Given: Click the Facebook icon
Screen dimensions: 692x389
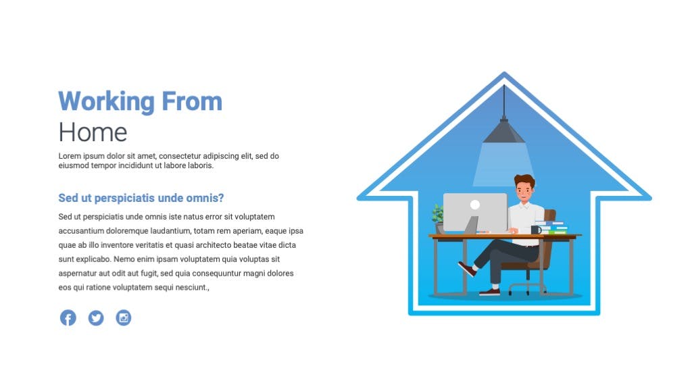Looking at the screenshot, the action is (x=68, y=317).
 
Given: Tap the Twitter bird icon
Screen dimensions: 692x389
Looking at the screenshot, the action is (x=96, y=317).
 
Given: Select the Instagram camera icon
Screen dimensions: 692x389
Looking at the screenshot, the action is (x=124, y=317).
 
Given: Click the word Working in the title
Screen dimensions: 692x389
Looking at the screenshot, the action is (x=106, y=102).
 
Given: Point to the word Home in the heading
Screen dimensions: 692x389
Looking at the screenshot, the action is (x=93, y=132).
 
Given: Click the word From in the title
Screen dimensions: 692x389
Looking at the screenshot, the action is (x=192, y=101).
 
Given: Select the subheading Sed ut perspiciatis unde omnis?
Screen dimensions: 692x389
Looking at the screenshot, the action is (x=141, y=198).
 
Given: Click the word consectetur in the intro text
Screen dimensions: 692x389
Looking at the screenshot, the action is (x=180, y=156).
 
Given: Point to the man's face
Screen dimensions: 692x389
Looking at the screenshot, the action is (x=524, y=190).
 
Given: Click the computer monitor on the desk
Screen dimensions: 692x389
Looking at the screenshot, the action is (x=475, y=213).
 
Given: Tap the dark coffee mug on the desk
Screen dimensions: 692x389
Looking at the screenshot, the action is (x=536, y=230).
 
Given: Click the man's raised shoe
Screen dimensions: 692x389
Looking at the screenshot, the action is (x=467, y=268).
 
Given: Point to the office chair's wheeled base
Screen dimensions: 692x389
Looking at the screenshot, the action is (x=528, y=286).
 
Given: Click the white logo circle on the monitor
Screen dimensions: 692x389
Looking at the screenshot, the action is (x=475, y=204).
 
